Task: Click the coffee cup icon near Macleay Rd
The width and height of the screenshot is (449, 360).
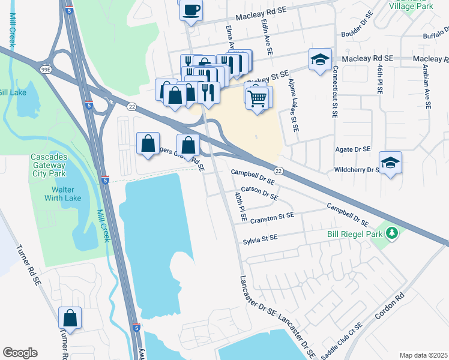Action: (191, 10)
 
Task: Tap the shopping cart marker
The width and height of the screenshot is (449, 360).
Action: (258, 97)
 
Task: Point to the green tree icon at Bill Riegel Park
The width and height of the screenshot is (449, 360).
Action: (392, 232)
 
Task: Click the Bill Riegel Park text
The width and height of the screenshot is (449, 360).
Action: (353, 233)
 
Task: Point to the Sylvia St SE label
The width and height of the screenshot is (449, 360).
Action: (260, 238)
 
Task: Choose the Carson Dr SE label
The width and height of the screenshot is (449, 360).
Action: (259, 192)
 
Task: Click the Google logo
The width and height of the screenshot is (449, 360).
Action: (20, 353)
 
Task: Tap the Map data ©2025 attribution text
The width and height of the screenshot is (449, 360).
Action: (423, 355)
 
